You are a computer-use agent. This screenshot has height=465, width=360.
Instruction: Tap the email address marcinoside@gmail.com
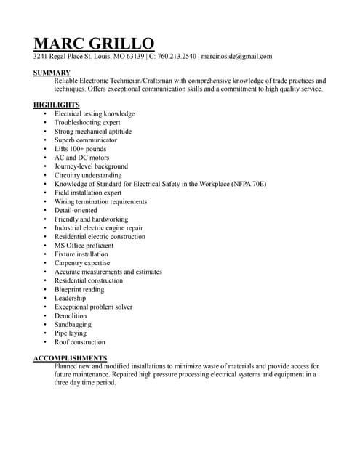point(236,56)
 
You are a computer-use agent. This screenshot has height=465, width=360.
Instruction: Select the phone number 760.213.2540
point(177,56)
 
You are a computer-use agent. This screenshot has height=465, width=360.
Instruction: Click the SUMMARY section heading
point(52,73)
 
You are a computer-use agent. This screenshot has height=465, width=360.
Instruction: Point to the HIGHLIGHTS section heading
point(57,105)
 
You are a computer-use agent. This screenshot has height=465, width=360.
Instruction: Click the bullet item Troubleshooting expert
point(87,123)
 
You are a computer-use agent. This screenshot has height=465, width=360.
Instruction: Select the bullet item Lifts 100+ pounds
point(80,149)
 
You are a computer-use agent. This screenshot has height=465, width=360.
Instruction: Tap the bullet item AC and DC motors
point(81,158)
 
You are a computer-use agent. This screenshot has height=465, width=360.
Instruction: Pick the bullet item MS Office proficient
point(84,246)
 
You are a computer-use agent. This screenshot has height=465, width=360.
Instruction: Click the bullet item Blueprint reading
point(79,289)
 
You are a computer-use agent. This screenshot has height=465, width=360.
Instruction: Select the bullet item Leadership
point(70,298)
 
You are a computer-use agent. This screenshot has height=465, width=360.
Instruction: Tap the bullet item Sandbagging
point(73,324)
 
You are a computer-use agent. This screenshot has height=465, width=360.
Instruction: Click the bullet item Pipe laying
point(71,333)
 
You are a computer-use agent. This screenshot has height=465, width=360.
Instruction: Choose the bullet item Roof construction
point(80,341)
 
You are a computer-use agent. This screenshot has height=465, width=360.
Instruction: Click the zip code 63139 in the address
point(134,56)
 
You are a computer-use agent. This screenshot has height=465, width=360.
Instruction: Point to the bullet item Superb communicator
point(85,140)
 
